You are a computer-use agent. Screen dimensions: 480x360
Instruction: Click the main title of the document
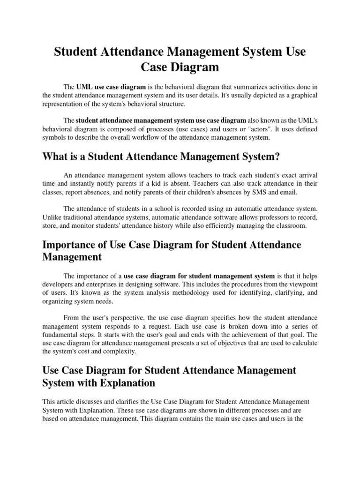coord(180,59)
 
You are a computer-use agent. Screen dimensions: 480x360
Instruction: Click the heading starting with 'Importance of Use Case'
coord(172,251)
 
